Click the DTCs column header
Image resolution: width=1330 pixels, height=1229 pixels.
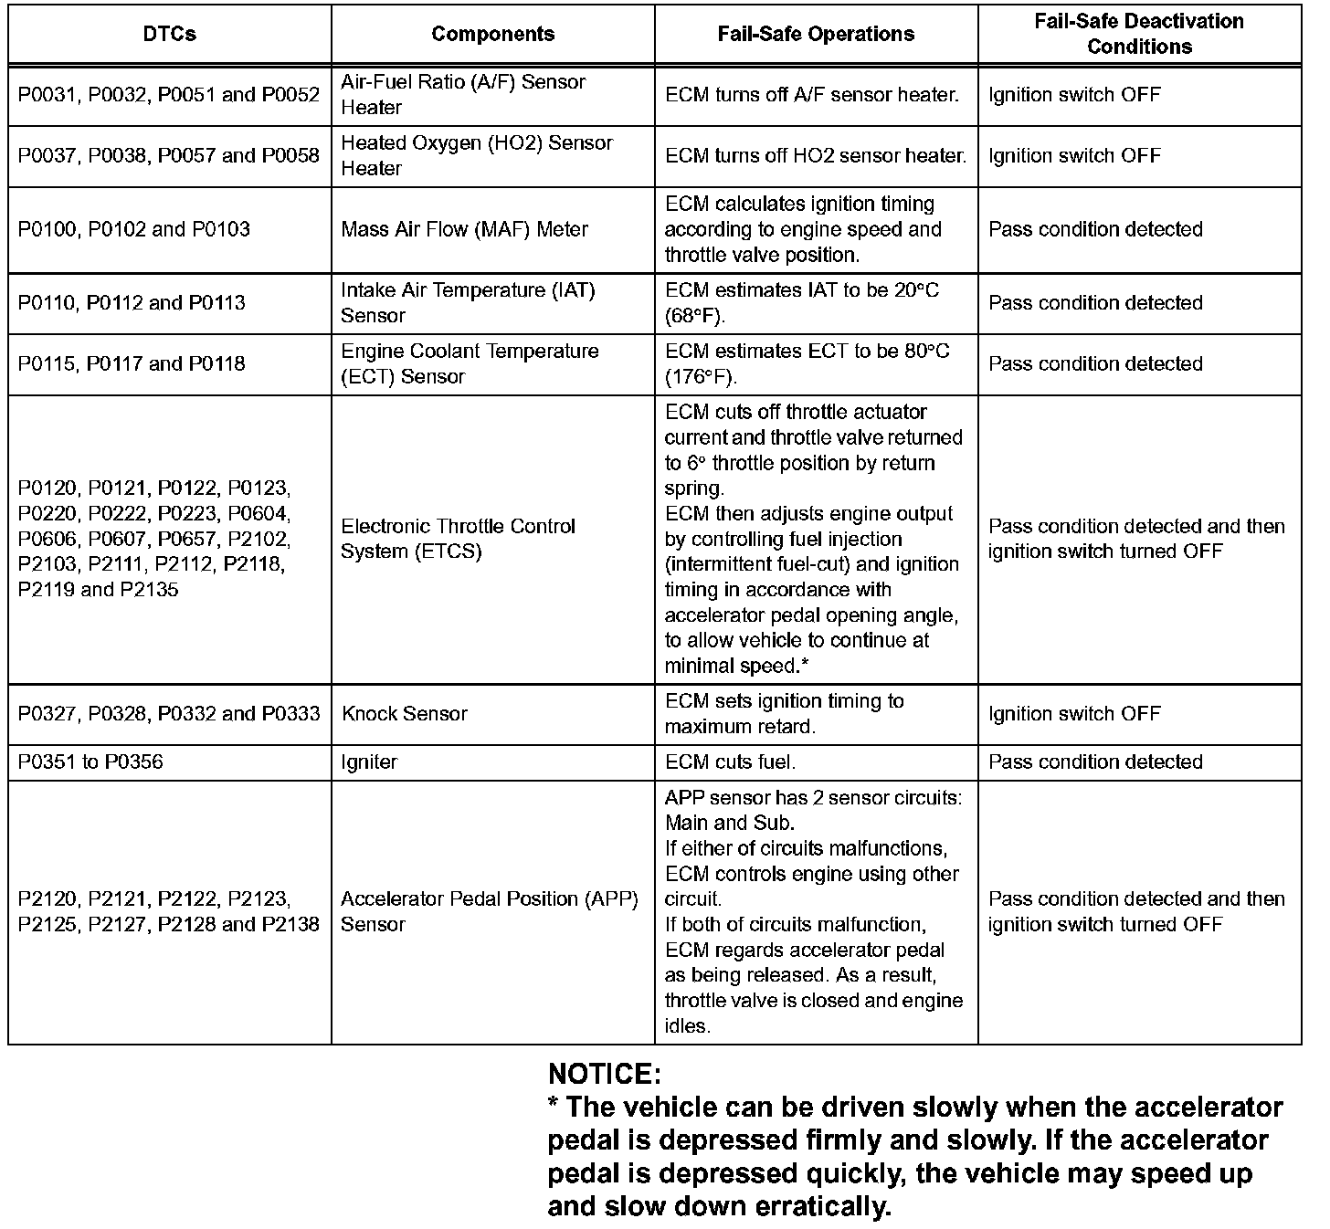(x=170, y=34)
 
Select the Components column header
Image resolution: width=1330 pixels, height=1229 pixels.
(x=492, y=34)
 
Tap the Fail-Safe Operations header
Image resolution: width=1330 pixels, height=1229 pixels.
(x=816, y=34)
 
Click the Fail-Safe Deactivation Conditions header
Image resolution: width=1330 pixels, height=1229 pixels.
(x=1139, y=34)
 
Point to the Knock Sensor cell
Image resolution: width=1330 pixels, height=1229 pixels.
(x=405, y=714)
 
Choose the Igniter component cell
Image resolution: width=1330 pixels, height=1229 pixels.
(x=370, y=762)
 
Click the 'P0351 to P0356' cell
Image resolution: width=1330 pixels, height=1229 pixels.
(x=91, y=762)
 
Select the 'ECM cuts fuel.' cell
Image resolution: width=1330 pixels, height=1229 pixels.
(x=730, y=762)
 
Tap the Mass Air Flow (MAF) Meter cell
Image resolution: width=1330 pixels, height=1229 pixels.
(x=464, y=229)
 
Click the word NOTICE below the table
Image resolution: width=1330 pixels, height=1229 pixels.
(x=604, y=1073)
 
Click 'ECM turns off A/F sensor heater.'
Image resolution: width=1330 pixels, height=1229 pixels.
(x=812, y=95)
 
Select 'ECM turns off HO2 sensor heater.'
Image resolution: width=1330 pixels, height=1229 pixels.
(x=816, y=156)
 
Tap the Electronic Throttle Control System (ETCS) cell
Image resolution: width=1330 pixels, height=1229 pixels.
(x=458, y=539)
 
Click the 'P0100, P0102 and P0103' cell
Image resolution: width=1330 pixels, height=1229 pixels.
(x=134, y=229)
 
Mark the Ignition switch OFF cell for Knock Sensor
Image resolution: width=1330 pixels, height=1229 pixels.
(x=1074, y=714)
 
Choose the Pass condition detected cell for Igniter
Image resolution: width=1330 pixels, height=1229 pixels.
(x=1095, y=762)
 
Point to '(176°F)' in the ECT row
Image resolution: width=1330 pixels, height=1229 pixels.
(x=701, y=377)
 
